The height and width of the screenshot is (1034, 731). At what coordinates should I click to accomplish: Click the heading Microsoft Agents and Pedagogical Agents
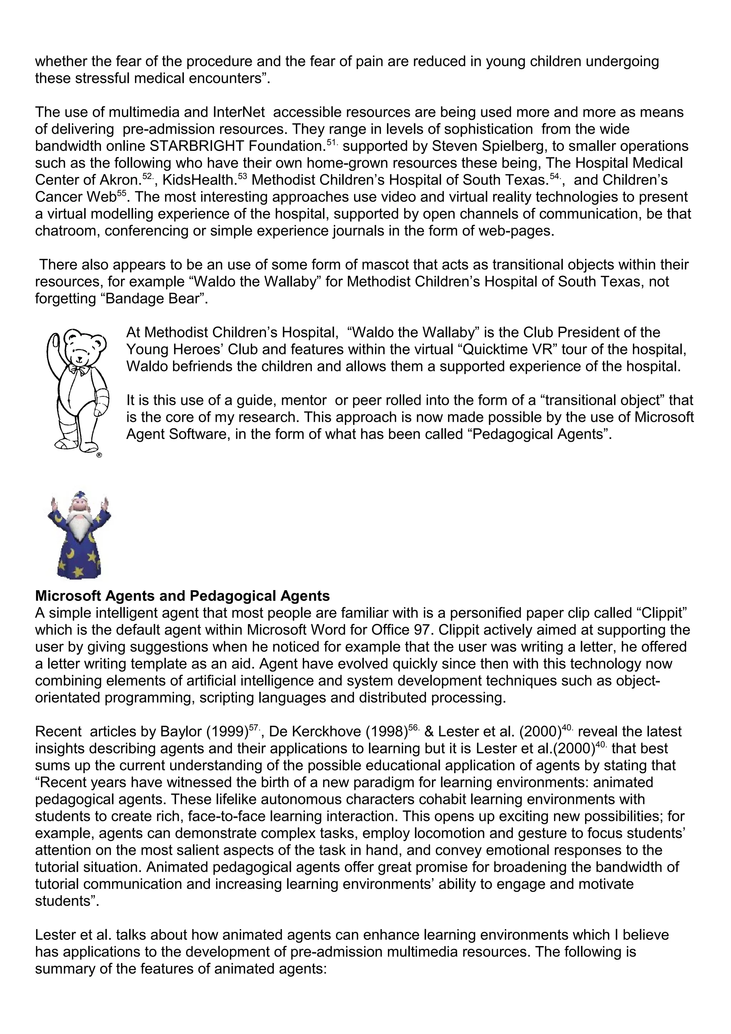coord(182,596)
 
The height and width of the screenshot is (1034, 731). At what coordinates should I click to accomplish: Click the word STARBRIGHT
coord(198,146)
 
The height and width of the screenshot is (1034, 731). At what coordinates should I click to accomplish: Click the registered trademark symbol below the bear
coord(100,455)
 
